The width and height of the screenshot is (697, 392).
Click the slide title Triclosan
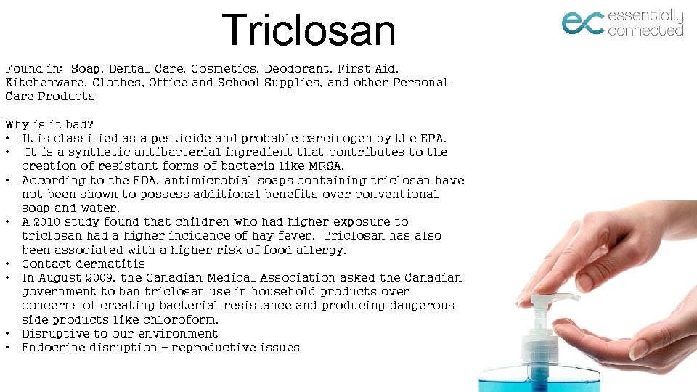[309, 30]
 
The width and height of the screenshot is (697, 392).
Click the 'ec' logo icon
[582, 23]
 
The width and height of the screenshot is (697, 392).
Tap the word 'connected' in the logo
[645, 30]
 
